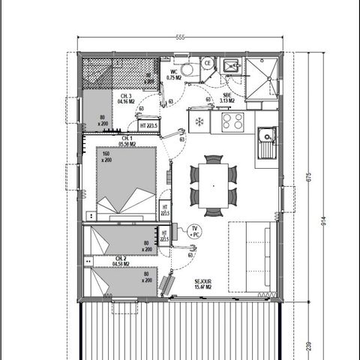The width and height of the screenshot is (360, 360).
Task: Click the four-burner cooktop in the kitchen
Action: coord(231,121)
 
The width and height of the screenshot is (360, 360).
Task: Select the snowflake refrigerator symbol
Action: coord(199,121)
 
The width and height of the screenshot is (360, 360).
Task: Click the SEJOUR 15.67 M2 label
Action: coord(200,283)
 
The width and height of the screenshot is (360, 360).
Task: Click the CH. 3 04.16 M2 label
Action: coord(125,99)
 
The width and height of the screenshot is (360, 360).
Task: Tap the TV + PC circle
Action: coord(194,232)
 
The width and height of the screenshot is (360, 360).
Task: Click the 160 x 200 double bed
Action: coord(126,179)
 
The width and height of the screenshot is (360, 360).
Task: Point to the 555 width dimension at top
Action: coord(180,37)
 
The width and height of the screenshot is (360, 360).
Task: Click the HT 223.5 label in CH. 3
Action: coord(146,124)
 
